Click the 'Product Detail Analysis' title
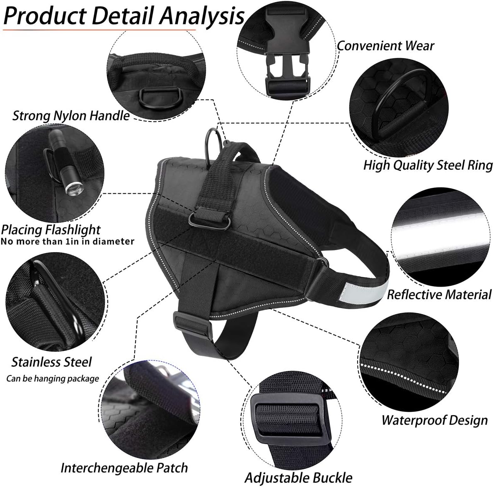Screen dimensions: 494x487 (x=124, y=15)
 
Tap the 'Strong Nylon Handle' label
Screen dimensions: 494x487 (x=71, y=115)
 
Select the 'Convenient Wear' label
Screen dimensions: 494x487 (x=385, y=46)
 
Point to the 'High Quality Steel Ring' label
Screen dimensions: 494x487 (x=428, y=165)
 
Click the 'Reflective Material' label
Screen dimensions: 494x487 (x=439, y=294)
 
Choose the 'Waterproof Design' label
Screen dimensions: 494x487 (x=434, y=420)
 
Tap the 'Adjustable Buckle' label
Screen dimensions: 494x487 (x=298, y=477)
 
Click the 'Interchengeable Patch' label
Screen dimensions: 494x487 (x=124, y=468)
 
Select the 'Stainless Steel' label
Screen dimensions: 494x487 (x=51, y=362)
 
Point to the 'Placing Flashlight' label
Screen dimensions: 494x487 (x=51, y=230)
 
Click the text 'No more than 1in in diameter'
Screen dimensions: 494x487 (x=68, y=241)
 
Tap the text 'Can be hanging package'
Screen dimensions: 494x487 (x=53, y=378)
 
